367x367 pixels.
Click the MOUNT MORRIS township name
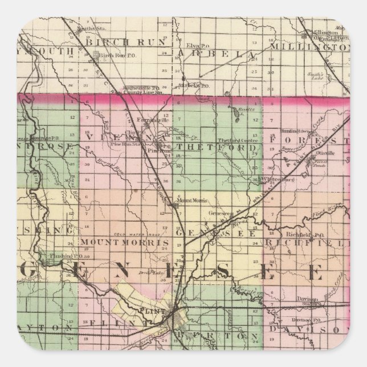pyautogui.click(x=124, y=242)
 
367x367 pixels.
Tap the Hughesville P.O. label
pyautogui.click(x=139, y=88)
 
